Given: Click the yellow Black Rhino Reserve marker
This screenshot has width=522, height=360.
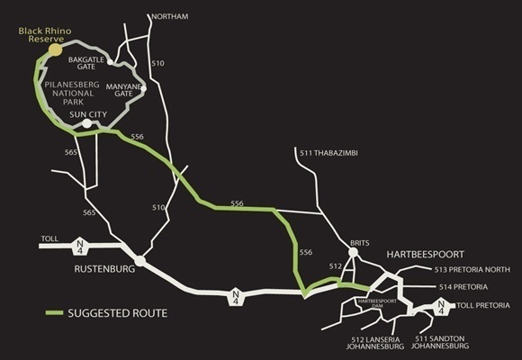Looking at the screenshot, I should (55, 49).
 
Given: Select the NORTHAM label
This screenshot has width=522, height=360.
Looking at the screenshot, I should (170, 17).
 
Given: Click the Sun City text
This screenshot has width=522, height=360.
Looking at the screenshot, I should (91, 115).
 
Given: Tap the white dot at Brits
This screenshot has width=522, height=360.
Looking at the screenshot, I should (353, 253).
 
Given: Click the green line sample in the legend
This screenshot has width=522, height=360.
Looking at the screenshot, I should (58, 313).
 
